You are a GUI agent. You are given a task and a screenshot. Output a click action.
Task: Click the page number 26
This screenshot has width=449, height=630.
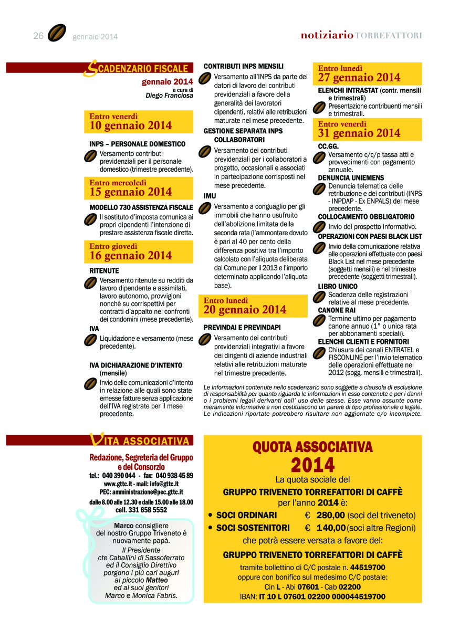tap(38, 35)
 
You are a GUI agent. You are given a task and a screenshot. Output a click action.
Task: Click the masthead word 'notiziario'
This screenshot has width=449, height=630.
tap(327, 35)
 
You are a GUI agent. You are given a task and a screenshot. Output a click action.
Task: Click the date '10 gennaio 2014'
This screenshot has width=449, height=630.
tap(131, 125)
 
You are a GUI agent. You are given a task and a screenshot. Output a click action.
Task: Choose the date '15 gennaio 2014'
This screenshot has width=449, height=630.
tap(131, 192)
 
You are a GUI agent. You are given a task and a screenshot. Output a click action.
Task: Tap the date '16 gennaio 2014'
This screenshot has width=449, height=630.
tap(131, 256)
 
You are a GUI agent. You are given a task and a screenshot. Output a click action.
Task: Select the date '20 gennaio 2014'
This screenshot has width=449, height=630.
tap(245, 310)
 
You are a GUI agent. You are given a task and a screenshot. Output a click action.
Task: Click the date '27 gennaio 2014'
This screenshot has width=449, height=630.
tap(359, 78)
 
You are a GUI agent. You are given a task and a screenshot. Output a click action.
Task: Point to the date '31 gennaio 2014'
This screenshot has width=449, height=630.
tap(359, 133)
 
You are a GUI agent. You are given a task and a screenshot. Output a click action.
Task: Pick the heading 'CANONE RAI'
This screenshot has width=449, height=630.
tap(337, 310)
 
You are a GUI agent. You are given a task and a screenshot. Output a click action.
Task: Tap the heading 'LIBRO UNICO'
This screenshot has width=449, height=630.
tap(338, 286)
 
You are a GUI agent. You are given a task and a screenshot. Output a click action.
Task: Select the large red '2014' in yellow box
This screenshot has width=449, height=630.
tap(312, 465)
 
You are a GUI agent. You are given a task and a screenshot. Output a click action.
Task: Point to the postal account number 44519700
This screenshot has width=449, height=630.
tap(368, 567)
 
